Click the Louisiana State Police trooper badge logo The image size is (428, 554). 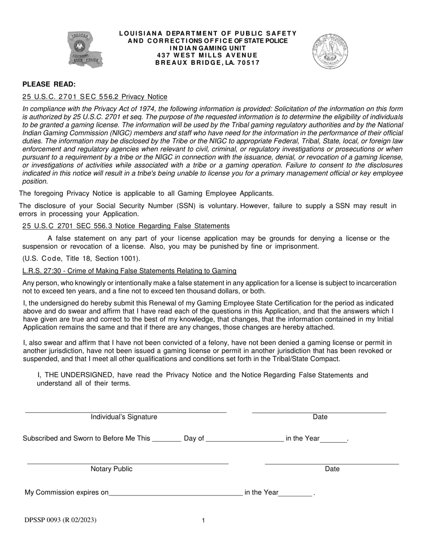point(85,50)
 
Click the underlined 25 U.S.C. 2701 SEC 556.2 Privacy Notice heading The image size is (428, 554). point(95,97)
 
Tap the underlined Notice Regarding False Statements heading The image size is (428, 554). point(126,226)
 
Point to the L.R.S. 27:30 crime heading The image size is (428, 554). point(129,271)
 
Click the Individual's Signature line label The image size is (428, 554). point(124,417)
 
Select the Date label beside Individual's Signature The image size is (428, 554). point(320,417)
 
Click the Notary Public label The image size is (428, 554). point(111,469)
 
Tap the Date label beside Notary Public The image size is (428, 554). point(332,469)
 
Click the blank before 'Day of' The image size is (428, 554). point(167,439)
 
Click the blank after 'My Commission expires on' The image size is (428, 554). point(176,493)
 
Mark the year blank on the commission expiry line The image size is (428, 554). point(296,493)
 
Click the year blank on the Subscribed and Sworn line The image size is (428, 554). point(334,439)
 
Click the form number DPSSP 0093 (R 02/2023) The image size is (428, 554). point(60,520)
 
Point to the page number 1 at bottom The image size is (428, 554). point(203,521)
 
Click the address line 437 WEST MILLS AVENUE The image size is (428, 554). point(207,55)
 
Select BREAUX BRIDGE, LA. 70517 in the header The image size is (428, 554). point(207,63)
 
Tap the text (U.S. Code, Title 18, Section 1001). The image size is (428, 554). point(82,259)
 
